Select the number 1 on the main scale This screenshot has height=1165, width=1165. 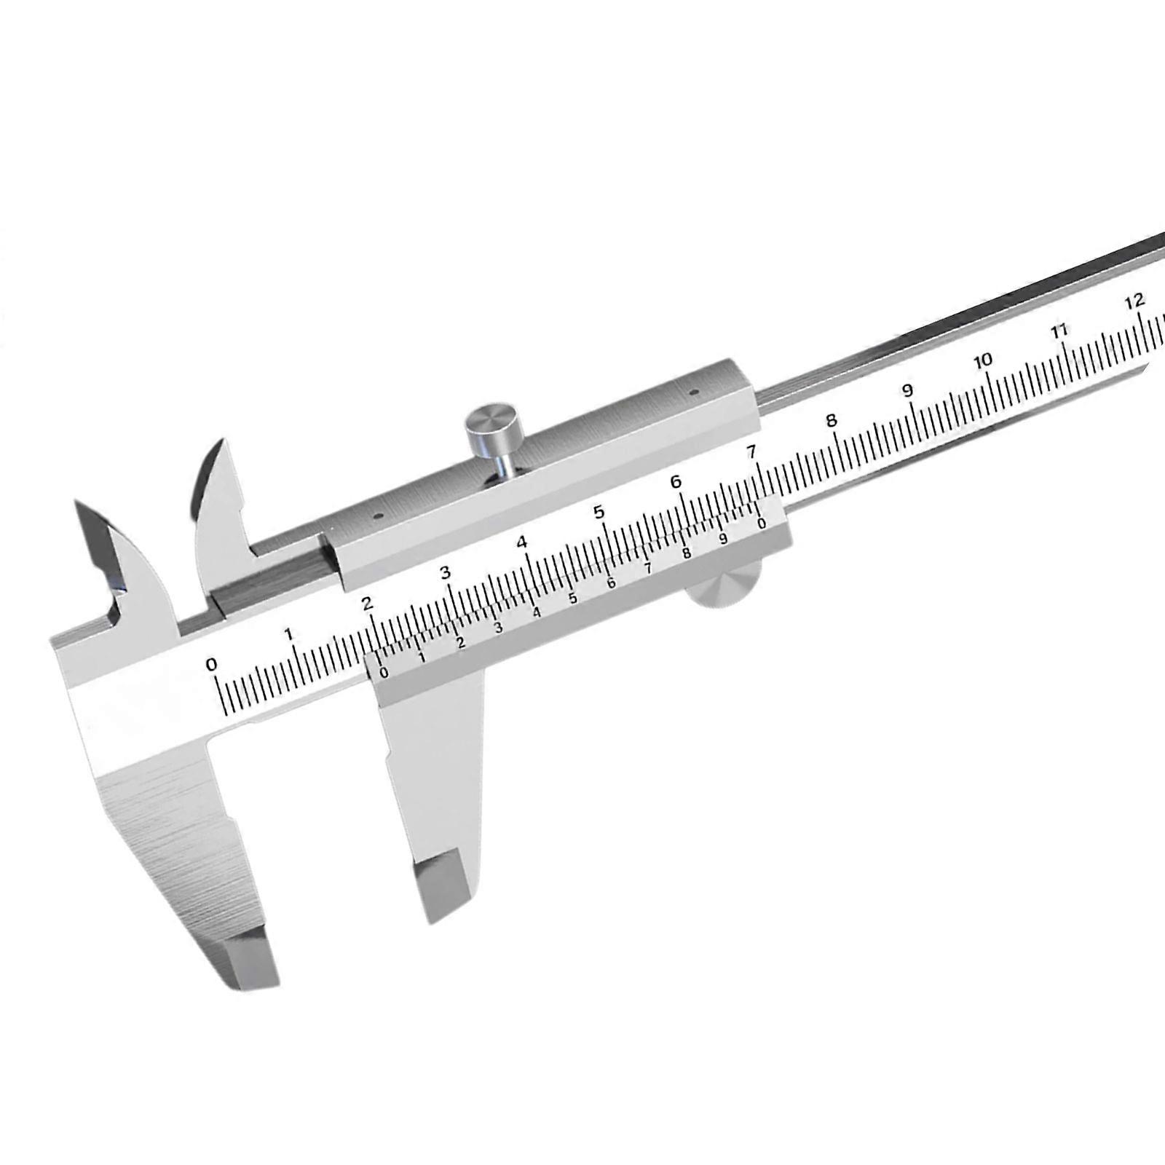[290, 634]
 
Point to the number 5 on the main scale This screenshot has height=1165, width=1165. [599, 512]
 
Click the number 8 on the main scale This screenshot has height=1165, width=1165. [831, 421]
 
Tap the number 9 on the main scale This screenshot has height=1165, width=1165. [908, 390]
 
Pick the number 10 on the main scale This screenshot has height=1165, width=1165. [984, 360]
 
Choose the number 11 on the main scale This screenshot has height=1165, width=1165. [1060, 330]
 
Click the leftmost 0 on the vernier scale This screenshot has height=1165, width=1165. [384, 673]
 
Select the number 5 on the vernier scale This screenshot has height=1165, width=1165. [573, 599]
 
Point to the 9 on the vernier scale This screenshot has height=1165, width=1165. [723, 539]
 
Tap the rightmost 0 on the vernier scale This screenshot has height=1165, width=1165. [761, 524]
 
